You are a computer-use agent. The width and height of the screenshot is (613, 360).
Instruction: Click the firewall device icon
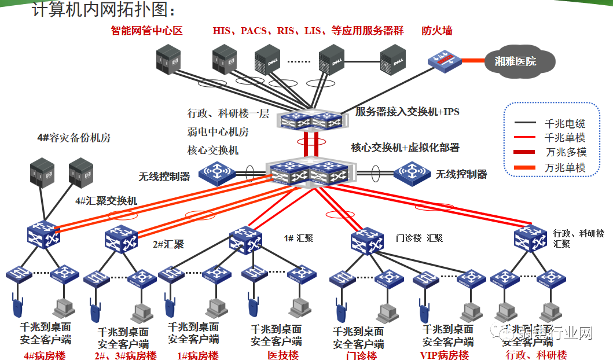point(443,60)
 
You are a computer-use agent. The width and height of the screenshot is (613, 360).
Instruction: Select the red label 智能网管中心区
point(146,31)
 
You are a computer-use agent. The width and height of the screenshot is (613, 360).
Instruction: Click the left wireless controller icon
point(217,172)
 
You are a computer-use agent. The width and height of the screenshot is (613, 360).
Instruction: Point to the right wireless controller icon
point(412,173)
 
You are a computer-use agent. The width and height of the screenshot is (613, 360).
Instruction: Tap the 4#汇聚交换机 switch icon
point(43,234)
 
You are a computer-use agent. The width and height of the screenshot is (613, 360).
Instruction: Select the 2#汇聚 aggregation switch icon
point(120,239)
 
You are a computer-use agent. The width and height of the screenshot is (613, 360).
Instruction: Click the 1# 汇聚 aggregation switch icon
point(245,238)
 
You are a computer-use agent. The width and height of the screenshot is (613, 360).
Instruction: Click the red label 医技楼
point(283,354)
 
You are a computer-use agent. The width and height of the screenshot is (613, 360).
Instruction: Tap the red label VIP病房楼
point(445,355)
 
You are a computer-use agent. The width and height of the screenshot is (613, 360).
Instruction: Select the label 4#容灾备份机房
point(74,138)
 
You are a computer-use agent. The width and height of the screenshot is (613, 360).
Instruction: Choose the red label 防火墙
point(437,31)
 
